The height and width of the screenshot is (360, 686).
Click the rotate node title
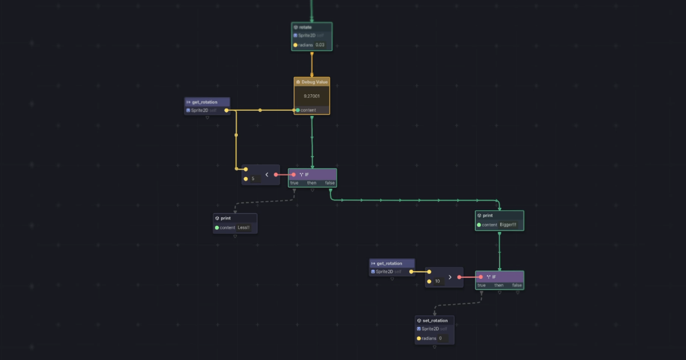(305, 27)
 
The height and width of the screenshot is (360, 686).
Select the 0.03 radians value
(320, 45)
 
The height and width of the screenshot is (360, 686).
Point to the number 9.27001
(312, 96)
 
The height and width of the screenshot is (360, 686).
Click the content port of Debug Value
(298, 110)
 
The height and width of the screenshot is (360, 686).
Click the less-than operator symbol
(266, 174)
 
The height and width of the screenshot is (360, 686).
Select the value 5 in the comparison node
(253, 179)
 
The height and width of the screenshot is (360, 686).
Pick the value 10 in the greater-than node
(437, 281)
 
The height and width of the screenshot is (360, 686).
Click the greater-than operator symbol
(450, 277)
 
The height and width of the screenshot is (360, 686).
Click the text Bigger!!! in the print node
(508, 225)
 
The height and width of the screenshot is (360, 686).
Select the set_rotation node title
(435, 321)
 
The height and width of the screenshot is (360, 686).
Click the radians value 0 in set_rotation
(440, 338)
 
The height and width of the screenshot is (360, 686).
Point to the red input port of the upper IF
(293, 174)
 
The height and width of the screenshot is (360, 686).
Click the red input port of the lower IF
(480, 277)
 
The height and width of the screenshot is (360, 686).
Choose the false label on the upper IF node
(330, 183)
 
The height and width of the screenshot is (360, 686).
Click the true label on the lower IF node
(481, 285)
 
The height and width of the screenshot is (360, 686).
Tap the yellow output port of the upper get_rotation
(226, 110)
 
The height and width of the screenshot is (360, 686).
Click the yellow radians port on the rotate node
(296, 45)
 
